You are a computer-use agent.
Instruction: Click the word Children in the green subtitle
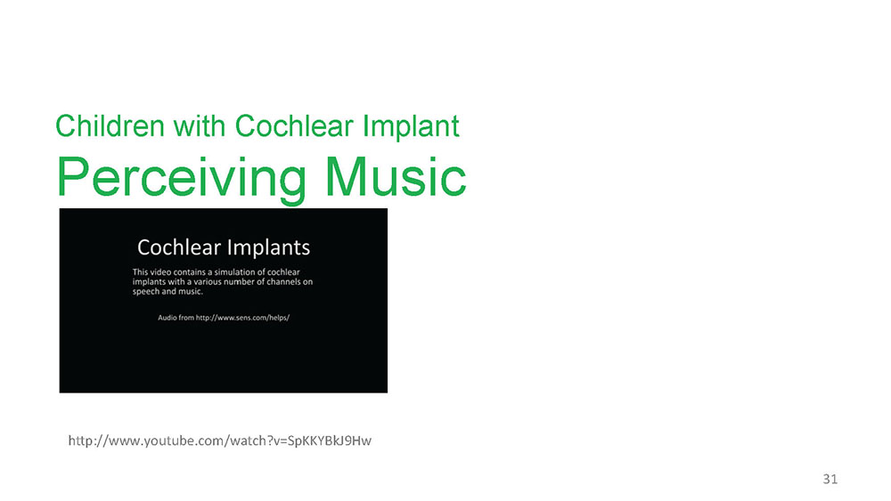(x=110, y=125)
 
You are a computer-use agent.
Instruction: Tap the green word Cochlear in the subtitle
(x=294, y=125)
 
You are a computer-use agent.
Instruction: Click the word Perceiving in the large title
(x=181, y=179)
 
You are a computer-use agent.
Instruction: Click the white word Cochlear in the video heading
(x=179, y=247)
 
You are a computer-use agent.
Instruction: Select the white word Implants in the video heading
(x=268, y=248)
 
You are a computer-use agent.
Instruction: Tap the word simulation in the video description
(x=236, y=271)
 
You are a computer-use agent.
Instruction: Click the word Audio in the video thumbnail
(x=168, y=318)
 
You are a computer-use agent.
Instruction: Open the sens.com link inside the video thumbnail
(x=242, y=318)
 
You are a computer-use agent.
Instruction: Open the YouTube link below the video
(x=219, y=440)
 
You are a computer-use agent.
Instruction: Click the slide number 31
(x=830, y=479)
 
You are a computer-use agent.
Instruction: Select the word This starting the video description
(x=140, y=271)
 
